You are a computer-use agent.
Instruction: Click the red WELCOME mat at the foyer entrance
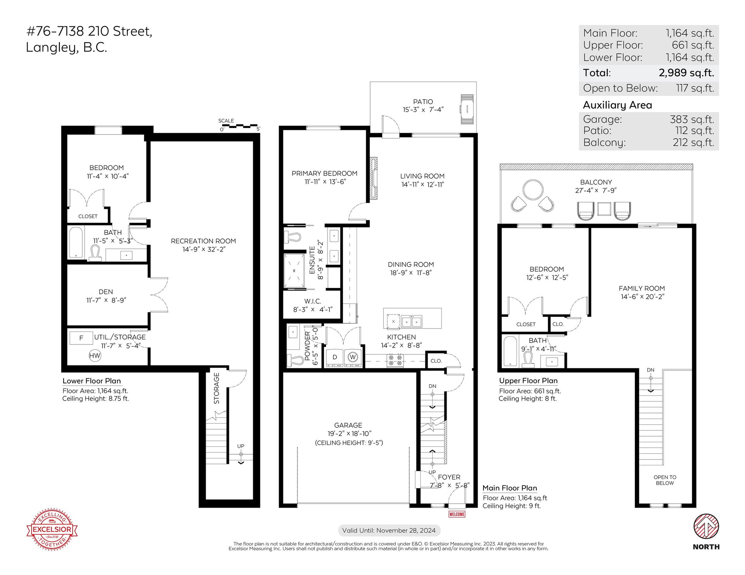tap(457, 514)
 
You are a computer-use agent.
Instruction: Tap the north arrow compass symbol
tap(706, 526)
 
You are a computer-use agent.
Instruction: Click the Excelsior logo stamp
tap(52, 529)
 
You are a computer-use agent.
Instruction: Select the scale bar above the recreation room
tap(239, 126)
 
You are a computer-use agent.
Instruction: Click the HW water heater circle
tap(95, 356)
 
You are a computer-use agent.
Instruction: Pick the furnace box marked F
tap(81, 338)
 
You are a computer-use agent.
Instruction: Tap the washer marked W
tap(353, 357)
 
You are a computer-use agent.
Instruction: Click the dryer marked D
tap(334, 357)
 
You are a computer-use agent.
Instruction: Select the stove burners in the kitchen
tap(395, 360)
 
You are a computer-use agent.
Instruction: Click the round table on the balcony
tap(533, 190)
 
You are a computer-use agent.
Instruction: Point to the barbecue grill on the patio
tap(467, 109)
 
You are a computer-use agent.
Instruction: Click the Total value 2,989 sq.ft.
tap(686, 72)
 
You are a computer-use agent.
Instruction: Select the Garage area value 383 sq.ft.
tap(692, 119)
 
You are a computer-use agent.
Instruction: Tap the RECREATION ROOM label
tap(203, 241)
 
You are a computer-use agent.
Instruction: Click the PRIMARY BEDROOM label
tap(324, 173)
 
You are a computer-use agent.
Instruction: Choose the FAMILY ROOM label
tap(642, 288)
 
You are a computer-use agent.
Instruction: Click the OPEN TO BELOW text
tap(665, 480)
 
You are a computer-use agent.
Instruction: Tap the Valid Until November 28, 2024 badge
tap(389, 530)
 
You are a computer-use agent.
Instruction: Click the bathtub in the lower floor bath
tap(76, 243)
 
